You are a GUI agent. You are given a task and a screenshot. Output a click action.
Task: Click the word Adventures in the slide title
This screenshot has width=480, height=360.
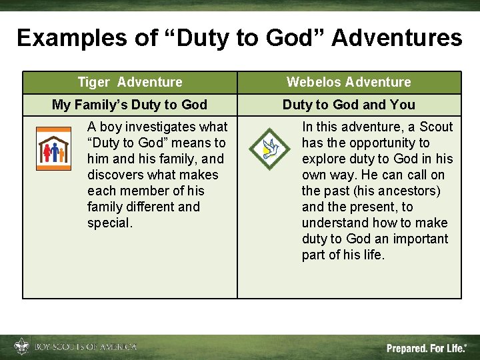click(x=396, y=38)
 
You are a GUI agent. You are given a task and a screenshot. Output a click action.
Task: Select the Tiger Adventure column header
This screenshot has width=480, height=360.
click(x=130, y=82)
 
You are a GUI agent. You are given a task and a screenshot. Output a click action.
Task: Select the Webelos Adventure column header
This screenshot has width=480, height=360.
click(x=349, y=82)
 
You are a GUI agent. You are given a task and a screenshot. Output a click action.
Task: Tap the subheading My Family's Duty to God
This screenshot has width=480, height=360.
click(x=129, y=105)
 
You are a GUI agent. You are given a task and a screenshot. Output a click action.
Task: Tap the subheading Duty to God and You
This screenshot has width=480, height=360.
click(x=349, y=105)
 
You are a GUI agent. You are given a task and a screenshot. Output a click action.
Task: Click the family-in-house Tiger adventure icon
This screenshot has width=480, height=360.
click(x=53, y=153)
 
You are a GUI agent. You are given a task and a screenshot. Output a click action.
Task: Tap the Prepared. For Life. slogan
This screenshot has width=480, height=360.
click(x=427, y=348)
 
